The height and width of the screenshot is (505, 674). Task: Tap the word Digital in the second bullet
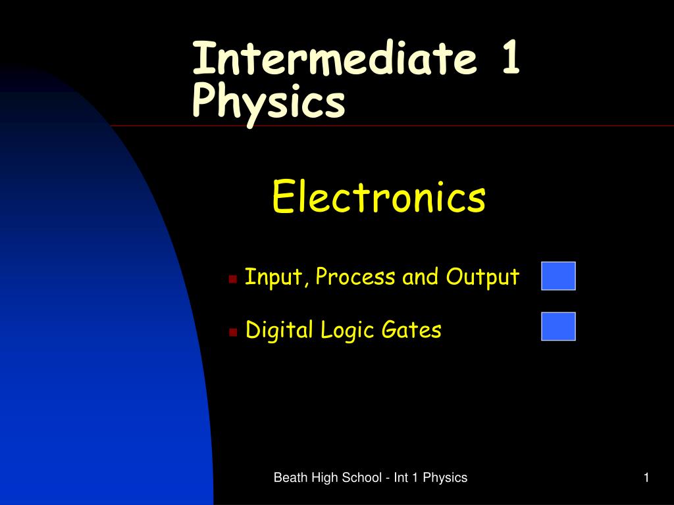coord(280,329)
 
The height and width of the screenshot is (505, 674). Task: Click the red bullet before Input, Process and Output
coord(232,279)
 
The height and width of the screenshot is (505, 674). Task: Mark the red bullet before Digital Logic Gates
coord(232,332)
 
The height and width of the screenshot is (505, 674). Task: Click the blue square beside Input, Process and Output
coord(558,276)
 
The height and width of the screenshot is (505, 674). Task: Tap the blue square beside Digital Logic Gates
coord(558,326)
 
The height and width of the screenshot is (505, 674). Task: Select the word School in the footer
coord(360,478)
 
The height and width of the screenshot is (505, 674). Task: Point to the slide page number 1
coord(647,478)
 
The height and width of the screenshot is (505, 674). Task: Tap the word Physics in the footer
coord(445,478)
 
